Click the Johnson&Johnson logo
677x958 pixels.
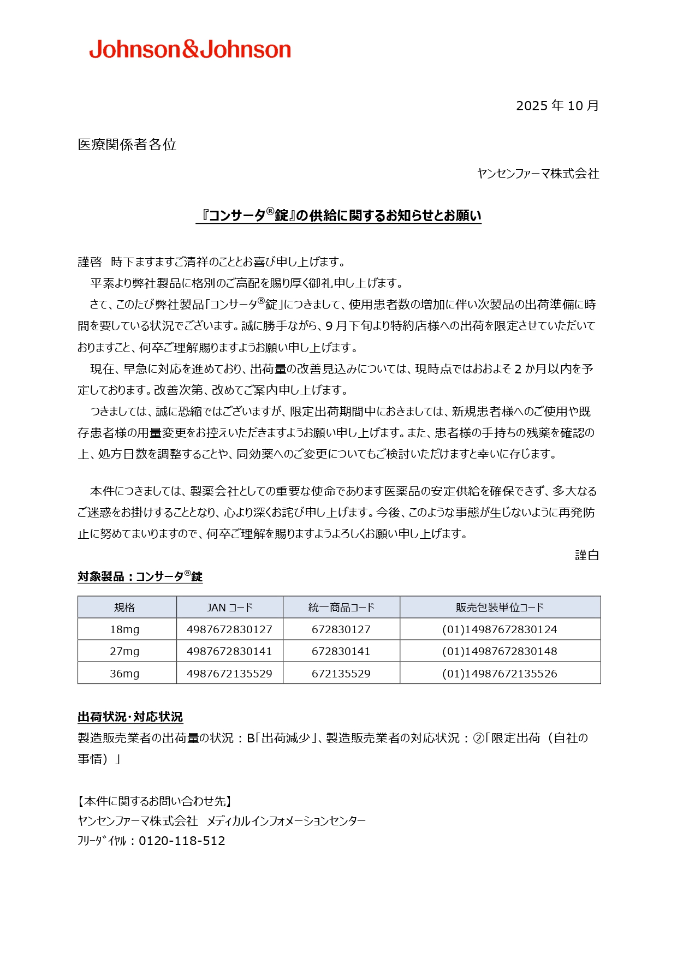[x=190, y=49]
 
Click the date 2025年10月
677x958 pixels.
[x=557, y=105]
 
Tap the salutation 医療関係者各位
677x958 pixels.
[x=127, y=144]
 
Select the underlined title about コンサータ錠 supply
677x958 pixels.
[x=339, y=216]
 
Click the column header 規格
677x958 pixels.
[x=124, y=608]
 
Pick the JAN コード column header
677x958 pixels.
[x=229, y=608]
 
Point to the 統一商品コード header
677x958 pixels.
[x=341, y=608]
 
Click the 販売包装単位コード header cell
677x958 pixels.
[x=500, y=608]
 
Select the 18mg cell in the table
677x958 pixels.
[x=124, y=629]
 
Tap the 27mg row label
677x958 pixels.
[x=124, y=651]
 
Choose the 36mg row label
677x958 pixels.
[x=124, y=674]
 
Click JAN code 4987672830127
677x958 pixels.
[x=229, y=629]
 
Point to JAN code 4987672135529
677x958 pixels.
[x=229, y=674]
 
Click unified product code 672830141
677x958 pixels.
[x=341, y=651]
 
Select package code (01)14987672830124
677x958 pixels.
[x=500, y=629]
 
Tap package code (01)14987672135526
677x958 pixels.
[x=500, y=674]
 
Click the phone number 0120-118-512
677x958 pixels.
[x=182, y=841]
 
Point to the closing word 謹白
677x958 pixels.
[x=587, y=555]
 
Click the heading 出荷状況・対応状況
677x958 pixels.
[x=130, y=717]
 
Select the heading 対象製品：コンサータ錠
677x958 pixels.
[x=140, y=576]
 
